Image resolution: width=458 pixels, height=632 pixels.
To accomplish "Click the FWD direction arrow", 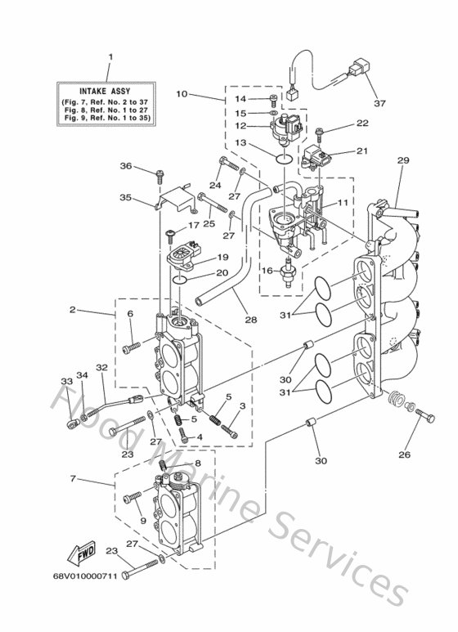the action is [81, 553].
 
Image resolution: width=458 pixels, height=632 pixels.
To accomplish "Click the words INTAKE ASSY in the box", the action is [105, 92].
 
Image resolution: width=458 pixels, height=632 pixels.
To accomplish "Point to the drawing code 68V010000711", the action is [85, 576].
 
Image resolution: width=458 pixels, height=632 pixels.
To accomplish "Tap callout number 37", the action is [379, 103].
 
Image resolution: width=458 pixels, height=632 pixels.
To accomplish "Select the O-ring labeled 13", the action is [285, 159].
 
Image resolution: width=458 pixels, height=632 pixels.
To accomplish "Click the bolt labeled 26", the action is [425, 415].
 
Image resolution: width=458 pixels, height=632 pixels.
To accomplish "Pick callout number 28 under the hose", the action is [251, 320].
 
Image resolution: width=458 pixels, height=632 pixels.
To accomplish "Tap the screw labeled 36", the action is [159, 176].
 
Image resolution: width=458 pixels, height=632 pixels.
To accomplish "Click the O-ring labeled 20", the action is [179, 280].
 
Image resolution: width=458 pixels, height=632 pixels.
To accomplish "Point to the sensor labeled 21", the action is [314, 158].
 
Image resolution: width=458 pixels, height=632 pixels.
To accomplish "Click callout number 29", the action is [403, 160].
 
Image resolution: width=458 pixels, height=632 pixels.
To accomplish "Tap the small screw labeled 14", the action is [273, 100].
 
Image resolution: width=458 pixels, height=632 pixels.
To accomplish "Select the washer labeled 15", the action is [273, 114].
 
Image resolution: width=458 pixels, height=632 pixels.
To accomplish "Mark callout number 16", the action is [267, 271].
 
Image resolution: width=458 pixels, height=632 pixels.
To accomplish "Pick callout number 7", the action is [73, 479].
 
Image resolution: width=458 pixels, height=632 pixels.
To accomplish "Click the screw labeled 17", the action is [171, 236].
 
